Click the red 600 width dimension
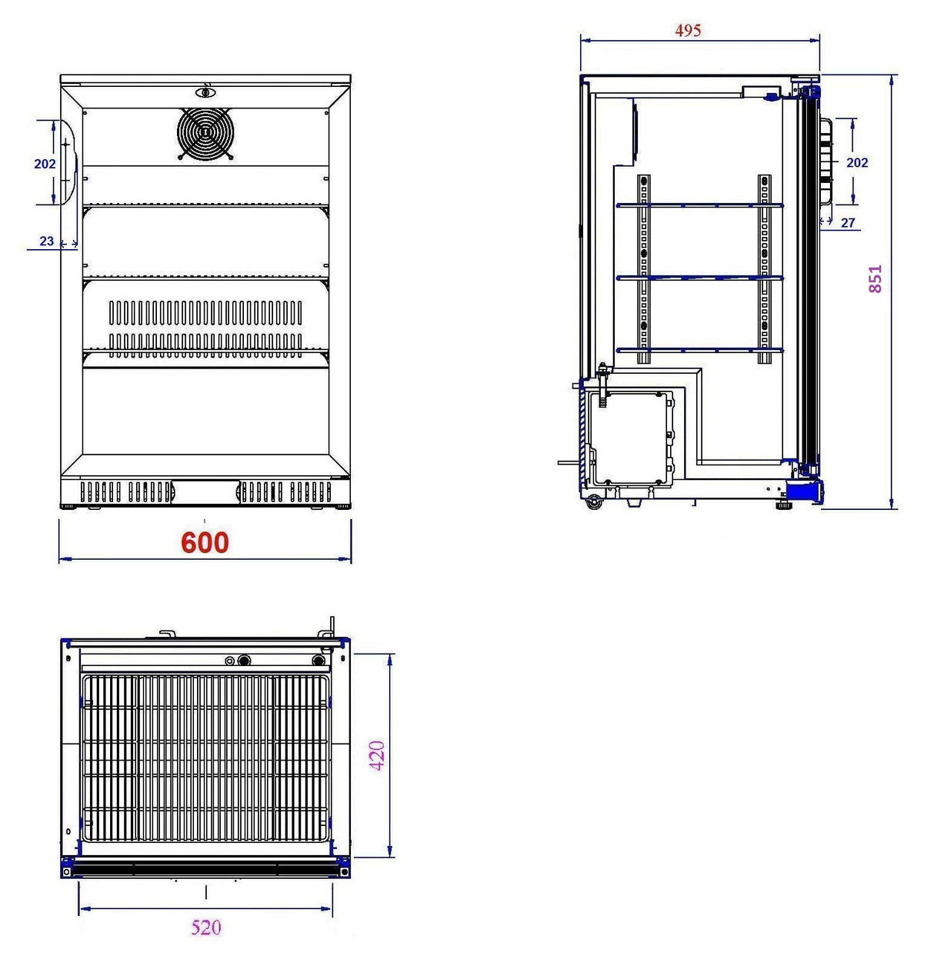coord(205,543)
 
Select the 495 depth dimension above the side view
coord(688,30)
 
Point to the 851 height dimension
coord(876,279)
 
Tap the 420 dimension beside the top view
coord(377,756)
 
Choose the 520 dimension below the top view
coord(205,927)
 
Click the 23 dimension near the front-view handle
coord(47,241)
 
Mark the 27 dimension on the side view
coord(848,223)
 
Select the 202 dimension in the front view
coord(45,164)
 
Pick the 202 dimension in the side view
coord(856,162)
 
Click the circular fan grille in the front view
coord(205,132)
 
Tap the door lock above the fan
coord(206,93)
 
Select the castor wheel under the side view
coord(594,504)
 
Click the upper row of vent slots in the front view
coord(205,311)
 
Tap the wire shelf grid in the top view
coord(205,758)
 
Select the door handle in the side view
coord(828,161)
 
